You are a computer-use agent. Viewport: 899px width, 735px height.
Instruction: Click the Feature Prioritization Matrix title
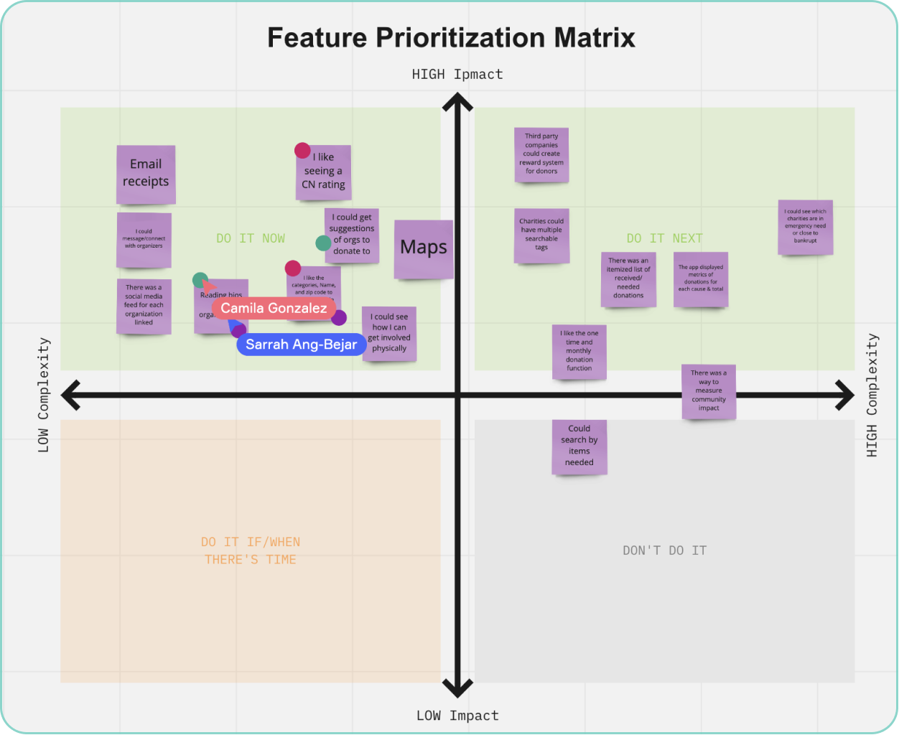[451, 37]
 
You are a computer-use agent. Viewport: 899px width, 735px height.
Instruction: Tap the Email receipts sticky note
[146, 174]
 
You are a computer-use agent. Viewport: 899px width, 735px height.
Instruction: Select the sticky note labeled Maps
[424, 248]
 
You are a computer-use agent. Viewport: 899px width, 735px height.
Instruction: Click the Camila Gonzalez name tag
[274, 308]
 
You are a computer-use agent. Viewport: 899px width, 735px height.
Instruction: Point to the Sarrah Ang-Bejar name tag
[301, 345]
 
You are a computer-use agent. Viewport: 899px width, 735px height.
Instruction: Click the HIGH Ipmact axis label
[457, 74]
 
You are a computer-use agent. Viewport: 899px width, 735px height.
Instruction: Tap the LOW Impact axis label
[457, 716]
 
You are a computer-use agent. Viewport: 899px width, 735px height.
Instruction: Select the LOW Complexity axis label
[44, 395]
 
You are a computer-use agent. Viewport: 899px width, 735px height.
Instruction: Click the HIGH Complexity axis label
[872, 395]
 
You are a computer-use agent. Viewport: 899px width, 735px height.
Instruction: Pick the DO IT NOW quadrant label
[251, 238]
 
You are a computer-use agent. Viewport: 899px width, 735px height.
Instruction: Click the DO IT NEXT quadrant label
[664, 238]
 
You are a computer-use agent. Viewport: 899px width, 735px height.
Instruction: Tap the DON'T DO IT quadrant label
[664, 551]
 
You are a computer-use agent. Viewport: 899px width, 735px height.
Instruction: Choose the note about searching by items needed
[579, 446]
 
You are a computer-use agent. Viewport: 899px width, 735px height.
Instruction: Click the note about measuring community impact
[709, 391]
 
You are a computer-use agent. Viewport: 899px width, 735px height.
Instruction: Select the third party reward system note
[541, 154]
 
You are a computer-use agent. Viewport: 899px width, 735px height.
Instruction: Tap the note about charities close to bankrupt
[806, 227]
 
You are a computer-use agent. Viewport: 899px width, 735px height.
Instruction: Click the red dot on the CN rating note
[302, 151]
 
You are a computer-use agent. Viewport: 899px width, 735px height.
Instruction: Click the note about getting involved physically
[389, 333]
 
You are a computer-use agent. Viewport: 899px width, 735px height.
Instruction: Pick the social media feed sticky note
[144, 306]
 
